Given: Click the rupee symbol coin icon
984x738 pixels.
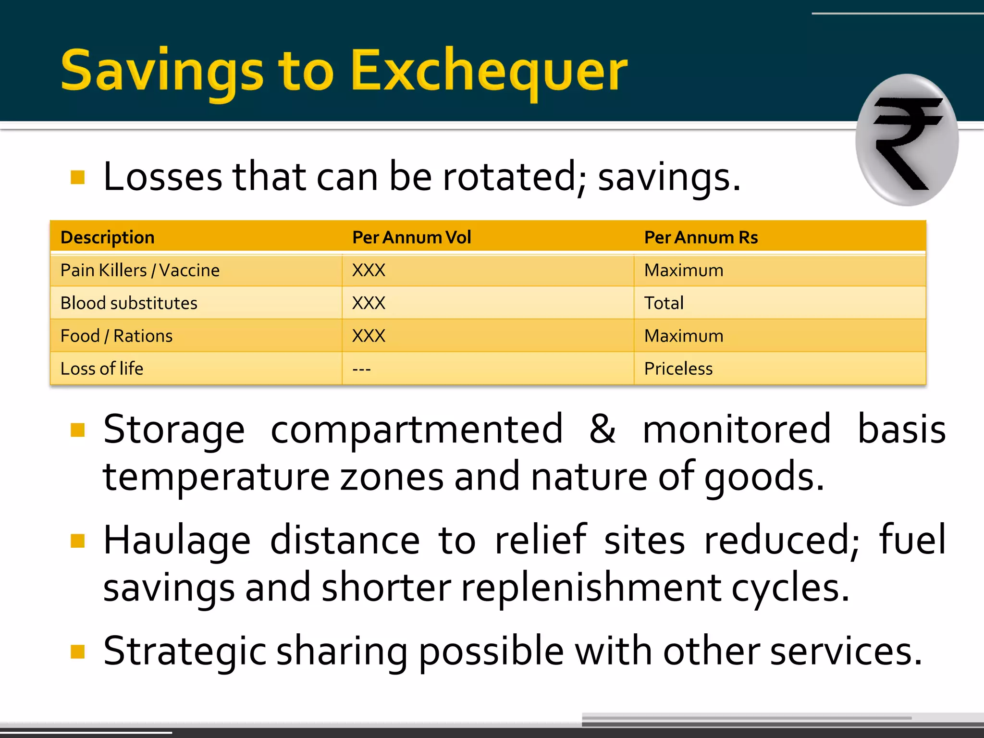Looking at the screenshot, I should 907,140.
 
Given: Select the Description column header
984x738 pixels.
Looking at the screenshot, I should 108,237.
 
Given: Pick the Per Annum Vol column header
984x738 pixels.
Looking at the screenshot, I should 411,237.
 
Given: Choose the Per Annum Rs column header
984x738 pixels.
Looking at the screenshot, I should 701,237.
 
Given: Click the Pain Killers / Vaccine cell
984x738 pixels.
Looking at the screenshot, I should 140,271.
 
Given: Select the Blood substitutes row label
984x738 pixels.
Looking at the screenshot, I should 129,303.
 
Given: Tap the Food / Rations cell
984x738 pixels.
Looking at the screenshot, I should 116,336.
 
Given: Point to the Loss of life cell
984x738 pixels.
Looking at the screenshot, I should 102,369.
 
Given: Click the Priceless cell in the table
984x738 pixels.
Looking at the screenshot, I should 678,369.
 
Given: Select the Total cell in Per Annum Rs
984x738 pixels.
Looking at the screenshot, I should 664,303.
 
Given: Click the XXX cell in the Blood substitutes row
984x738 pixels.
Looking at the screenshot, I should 369,303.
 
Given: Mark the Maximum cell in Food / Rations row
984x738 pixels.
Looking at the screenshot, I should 683,336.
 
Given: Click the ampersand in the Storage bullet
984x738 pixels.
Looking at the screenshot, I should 602,429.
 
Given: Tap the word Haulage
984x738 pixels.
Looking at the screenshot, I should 177,540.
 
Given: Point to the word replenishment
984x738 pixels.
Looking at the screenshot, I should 591,587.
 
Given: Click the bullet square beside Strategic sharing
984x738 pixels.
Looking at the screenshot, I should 77,652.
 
